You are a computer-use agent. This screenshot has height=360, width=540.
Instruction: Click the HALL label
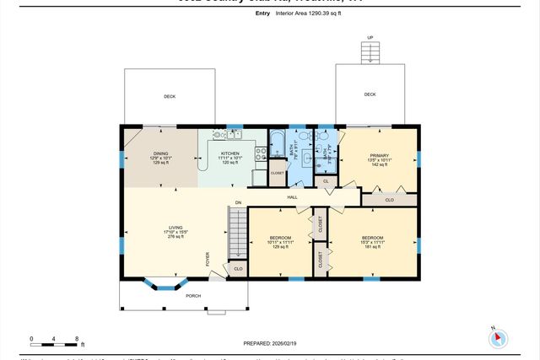click(x=292, y=197)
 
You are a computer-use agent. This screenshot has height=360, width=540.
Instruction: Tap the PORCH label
click(x=193, y=296)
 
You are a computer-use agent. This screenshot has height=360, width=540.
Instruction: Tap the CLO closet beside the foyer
click(x=238, y=269)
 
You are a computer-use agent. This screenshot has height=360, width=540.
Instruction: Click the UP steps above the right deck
click(x=370, y=52)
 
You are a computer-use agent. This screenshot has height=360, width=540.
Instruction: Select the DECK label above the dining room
click(x=170, y=97)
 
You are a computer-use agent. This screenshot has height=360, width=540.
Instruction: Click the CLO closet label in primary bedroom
click(x=389, y=200)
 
